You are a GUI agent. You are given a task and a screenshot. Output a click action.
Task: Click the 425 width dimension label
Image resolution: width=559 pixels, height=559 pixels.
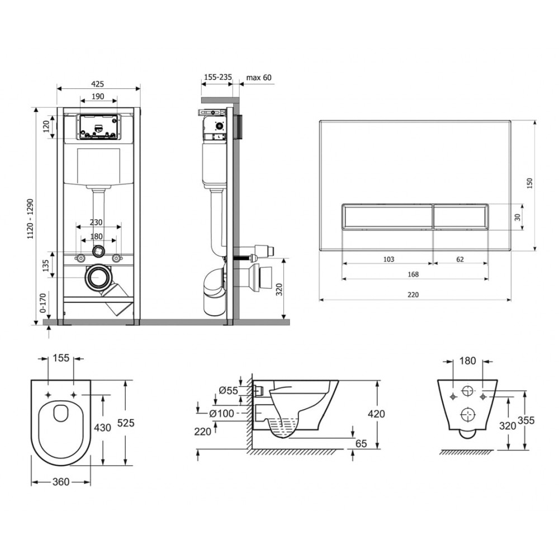(x=98, y=84)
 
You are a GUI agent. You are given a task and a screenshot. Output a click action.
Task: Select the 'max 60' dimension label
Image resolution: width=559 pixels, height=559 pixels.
(x=259, y=77)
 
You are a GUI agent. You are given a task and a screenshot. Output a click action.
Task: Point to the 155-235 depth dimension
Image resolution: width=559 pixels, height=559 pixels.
(x=217, y=77)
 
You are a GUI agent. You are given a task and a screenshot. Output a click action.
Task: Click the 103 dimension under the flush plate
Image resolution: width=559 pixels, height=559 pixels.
(x=389, y=259)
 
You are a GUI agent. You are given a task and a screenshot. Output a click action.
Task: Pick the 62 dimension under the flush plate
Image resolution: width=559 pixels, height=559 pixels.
(x=460, y=259)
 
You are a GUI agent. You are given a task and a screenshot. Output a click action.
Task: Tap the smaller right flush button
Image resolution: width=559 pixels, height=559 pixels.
(x=460, y=216)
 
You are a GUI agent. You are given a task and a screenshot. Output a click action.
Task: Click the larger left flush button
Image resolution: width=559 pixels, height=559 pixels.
(x=387, y=216)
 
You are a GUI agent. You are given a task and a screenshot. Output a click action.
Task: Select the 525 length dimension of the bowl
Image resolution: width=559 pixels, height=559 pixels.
(x=126, y=423)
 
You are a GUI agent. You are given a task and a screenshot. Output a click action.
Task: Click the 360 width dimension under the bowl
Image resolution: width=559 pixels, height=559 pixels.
(x=61, y=482)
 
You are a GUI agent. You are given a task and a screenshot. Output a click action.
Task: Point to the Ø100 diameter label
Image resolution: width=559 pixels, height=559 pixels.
(x=222, y=413)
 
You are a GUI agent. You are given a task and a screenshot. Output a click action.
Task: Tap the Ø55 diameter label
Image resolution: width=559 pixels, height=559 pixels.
(x=228, y=390)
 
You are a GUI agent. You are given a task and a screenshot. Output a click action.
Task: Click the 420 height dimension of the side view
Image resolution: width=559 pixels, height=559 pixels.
(x=376, y=414)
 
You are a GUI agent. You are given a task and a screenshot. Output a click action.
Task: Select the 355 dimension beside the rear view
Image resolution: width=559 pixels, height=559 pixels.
(x=526, y=421)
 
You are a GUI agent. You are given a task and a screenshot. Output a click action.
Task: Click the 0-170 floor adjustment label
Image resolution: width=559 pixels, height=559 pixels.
(x=43, y=303)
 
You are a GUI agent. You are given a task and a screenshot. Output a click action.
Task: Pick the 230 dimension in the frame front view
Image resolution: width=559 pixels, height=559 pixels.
(x=96, y=222)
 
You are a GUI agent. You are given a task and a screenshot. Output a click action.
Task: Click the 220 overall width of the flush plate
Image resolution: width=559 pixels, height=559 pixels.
(x=413, y=295)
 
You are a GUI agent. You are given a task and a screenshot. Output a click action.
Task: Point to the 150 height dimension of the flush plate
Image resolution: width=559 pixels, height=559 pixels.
(x=530, y=183)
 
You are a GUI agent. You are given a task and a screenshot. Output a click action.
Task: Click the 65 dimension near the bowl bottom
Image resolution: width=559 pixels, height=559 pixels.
(x=361, y=443)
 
